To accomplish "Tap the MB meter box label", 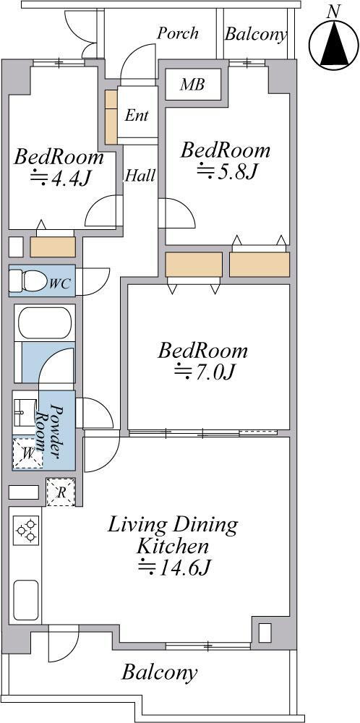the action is [192, 85].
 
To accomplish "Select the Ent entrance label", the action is [137, 115].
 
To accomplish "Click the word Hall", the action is [140, 175].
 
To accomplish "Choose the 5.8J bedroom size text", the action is [226, 171].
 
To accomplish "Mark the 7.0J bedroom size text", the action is [205, 372].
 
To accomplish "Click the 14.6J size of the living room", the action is [175, 568].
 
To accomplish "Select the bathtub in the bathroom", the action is [45, 322].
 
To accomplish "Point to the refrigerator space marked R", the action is [61, 492].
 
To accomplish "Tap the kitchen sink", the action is [26, 600].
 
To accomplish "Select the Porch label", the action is [178, 33].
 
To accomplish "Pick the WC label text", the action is [61, 283].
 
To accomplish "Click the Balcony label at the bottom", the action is [160, 672].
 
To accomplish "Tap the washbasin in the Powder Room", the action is [24, 413].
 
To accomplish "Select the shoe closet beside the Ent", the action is [111, 116].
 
